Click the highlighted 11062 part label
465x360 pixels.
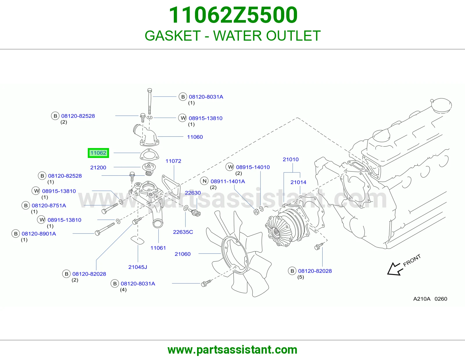tap(98, 153)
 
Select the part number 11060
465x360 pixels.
tap(195, 137)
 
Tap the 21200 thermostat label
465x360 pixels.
tap(98, 168)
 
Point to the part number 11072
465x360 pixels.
tap(173, 161)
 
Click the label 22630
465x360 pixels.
tap(193, 192)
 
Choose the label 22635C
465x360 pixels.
tap(183, 232)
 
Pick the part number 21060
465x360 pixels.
tap(182, 254)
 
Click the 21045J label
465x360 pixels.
tap(137, 267)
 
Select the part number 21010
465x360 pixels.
tap(290, 159)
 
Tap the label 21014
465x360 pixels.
tap(298, 182)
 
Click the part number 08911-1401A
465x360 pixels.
tap(228, 181)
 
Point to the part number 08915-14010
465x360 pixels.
tap(253, 167)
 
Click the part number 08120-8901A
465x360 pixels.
tap(39, 234)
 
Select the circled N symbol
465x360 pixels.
tap(204, 181)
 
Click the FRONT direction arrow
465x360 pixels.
tap(395, 269)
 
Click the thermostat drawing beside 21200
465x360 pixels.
tap(149, 169)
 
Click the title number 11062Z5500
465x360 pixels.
tap(233, 15)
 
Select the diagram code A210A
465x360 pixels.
tap(422, 299)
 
